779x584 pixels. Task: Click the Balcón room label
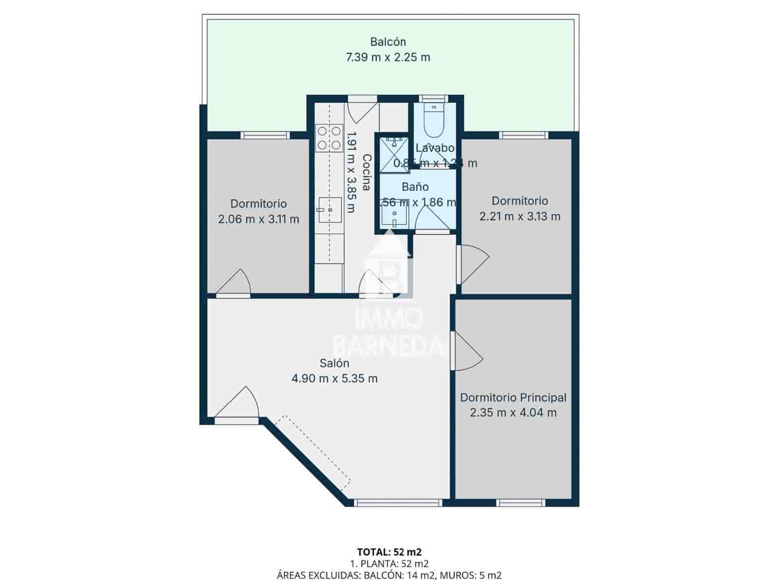click(388, 42)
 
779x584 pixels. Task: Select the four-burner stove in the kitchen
click(329, 138)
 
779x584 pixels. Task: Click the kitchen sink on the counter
click(330, 210)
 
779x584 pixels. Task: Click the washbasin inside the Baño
click(394, 214)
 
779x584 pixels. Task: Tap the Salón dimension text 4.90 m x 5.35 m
click(334, 379)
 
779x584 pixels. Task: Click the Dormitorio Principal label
click(513, 398)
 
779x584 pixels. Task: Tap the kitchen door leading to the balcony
click(362, 110)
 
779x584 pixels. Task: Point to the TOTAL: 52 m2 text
click(389, 552)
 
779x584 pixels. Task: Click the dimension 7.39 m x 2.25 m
click(388, 57)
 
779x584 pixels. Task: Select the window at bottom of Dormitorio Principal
click(521, 502)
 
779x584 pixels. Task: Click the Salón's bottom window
click(398, 502)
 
